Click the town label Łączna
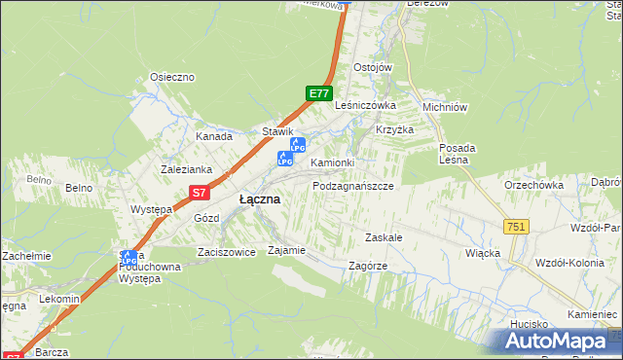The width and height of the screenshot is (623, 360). pos(260,198)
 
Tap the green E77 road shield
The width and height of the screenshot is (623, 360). pos(317,93)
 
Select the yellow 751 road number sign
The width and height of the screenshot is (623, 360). pos(516,227)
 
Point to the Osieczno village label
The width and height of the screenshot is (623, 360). pos(172,77)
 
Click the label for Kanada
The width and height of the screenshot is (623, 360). pos(213,137)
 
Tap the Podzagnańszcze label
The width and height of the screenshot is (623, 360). pos(352,185)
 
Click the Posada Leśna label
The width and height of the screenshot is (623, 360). pos(457,155)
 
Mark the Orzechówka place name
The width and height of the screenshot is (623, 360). pos(534,185)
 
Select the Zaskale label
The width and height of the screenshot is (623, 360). pos(384,237)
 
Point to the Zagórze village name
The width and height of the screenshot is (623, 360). pos(367,266)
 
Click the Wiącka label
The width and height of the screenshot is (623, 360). pos(483,253)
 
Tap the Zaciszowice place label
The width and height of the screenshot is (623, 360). pos(226,251)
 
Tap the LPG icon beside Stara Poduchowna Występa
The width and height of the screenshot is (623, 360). pos(128,259)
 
